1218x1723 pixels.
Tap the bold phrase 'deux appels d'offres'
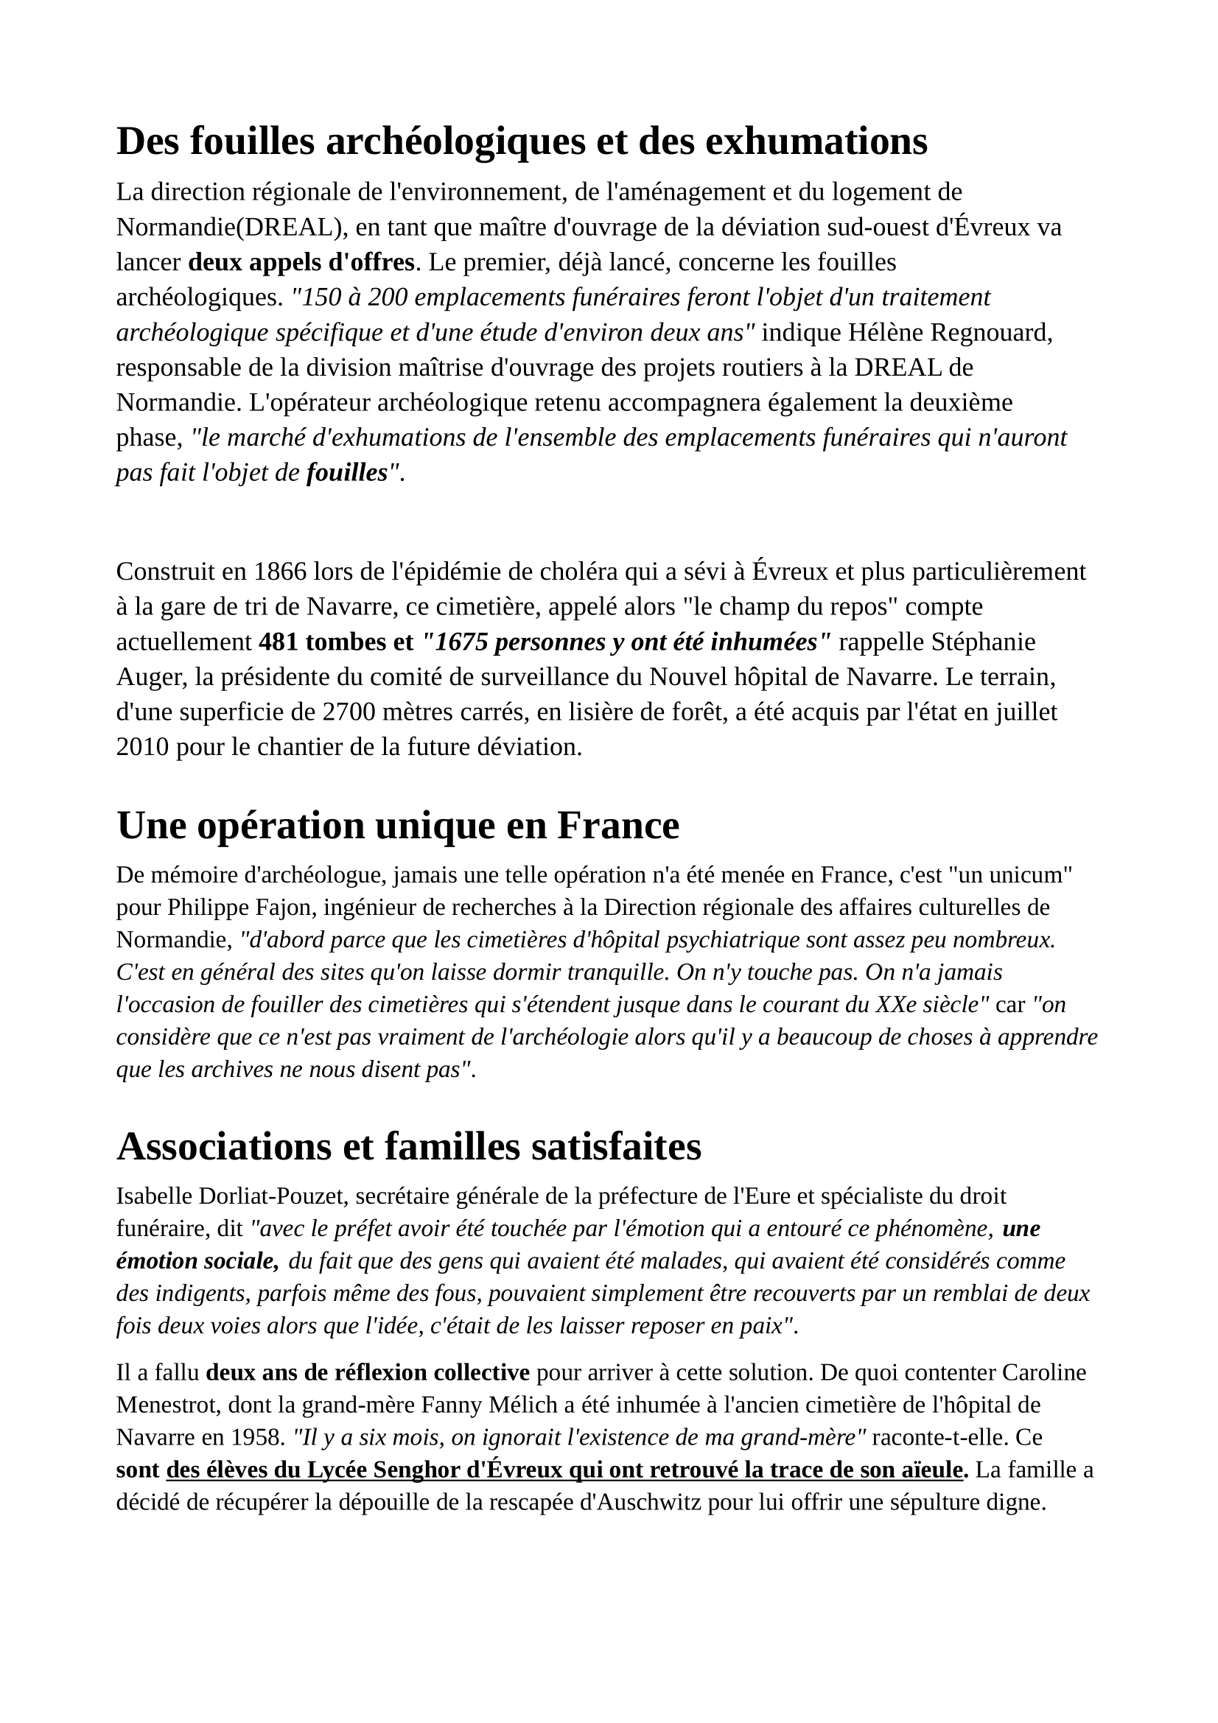(301, 263)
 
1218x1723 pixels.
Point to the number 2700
(349, 712)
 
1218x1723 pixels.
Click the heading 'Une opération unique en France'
(398, 826)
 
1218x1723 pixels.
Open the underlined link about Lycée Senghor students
(564, 1470)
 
